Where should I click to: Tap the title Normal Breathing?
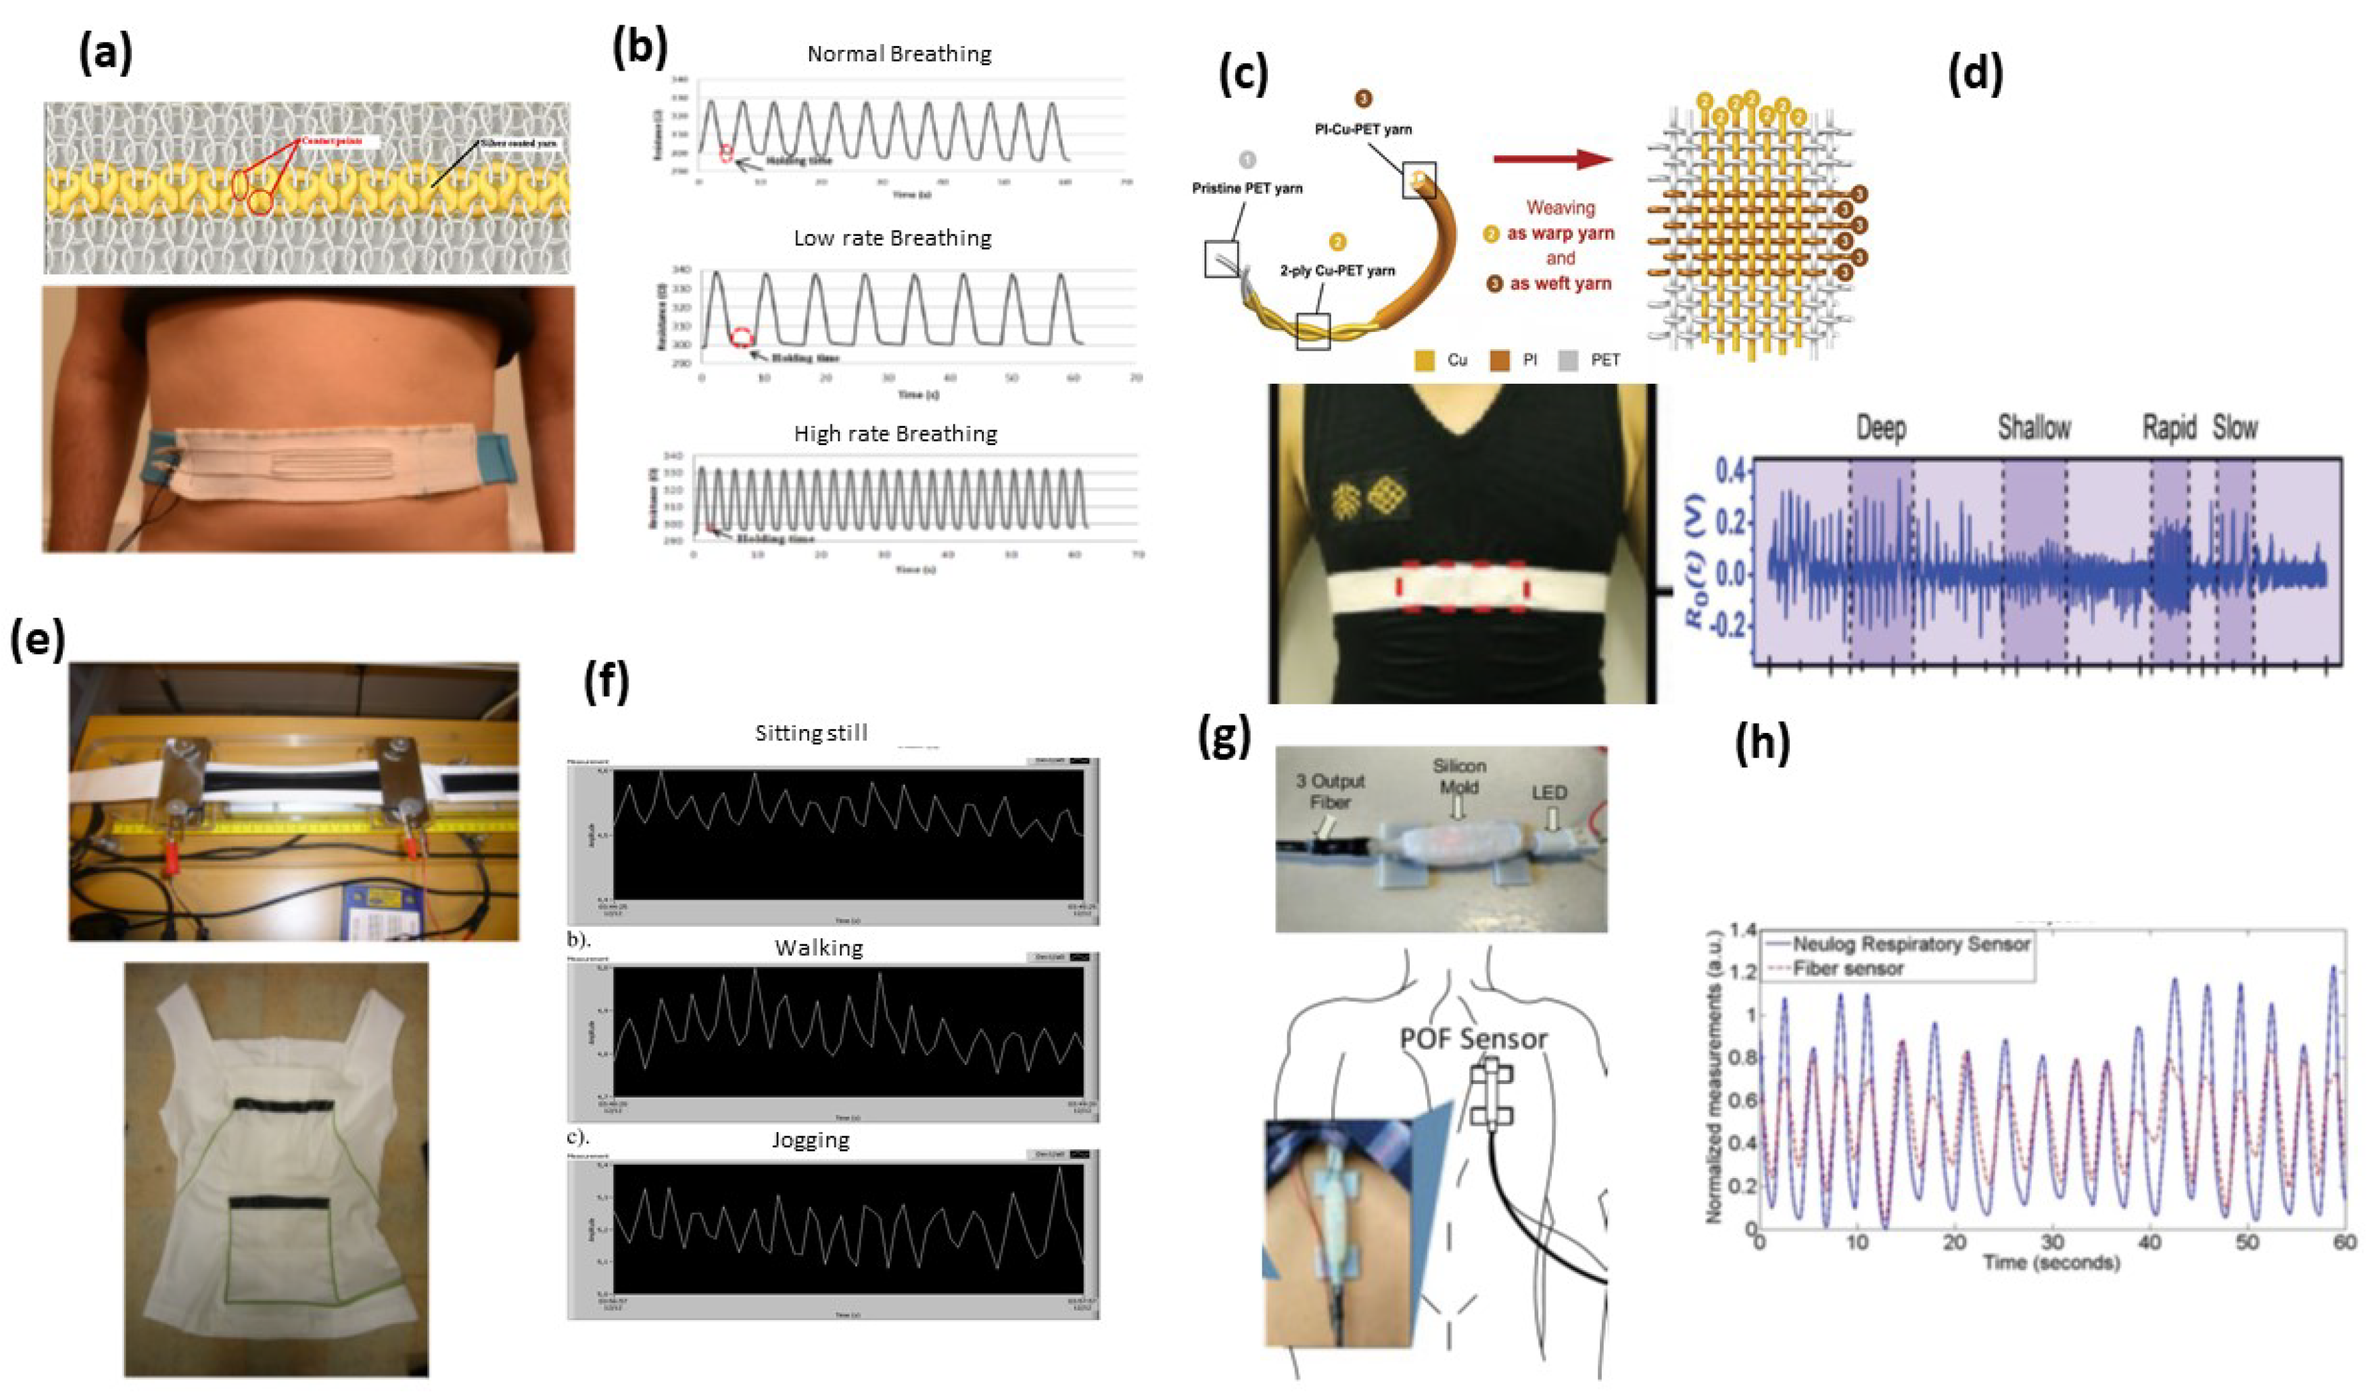coord(899,55)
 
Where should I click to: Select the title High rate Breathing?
coord(895,434)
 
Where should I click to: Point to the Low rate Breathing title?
coord(893,239)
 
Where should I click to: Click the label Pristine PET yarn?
coord(1246,189)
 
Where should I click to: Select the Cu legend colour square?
coord(1424,360)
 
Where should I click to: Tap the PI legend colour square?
coord(1499,360)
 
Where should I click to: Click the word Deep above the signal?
coord(1881,428)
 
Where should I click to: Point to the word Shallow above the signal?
coord(2034,428)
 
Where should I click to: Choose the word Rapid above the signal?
coord(2169,428)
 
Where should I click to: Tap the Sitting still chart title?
coord(811,732)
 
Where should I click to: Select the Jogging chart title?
coord(811,1140)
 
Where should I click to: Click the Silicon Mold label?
coord(1458,777)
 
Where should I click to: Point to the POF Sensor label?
coord(1473,1039)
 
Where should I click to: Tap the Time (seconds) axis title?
coord(2050,1262)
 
